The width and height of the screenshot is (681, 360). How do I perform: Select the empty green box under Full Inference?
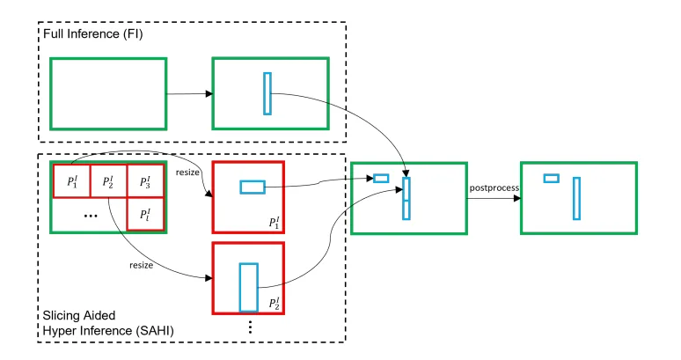point(107,93)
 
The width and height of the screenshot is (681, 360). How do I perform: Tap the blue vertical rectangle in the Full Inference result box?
point(267,93)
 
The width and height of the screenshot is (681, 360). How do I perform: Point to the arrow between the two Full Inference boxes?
point(187,93)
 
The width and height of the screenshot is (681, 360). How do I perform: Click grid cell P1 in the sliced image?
point(71,182)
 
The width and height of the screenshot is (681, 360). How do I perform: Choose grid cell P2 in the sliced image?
point(108,182)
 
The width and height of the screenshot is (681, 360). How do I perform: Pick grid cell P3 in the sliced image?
point(145,182)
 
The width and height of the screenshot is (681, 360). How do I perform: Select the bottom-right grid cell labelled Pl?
point(145,214)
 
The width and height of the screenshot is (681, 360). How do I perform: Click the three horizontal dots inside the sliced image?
point(90,215)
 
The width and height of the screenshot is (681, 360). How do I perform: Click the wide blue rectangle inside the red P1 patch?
point(253,187)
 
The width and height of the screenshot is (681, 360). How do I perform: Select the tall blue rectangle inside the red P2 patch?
point(249,286)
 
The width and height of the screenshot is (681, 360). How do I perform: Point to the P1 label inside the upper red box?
point(275,222)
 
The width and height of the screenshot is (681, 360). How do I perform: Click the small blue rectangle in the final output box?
point(551,178)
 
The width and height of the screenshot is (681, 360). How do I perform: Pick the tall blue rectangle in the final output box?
point(576,198)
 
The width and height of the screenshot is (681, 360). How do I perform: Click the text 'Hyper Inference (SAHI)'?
point(104,329)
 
